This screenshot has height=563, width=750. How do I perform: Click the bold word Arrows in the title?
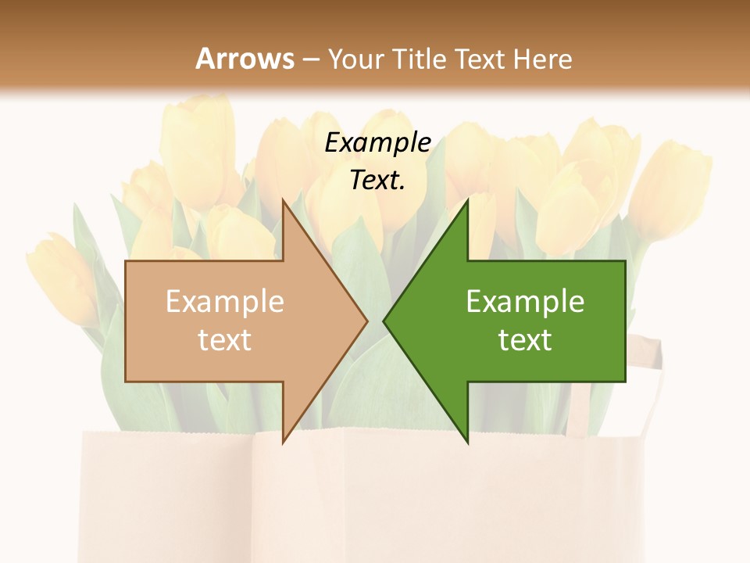(245, 59)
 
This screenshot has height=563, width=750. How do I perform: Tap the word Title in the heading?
(418, 59)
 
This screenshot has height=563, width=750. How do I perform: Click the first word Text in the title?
(478, 59)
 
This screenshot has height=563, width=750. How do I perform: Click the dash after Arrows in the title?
(310, 59)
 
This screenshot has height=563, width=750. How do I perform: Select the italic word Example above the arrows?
(378, 142)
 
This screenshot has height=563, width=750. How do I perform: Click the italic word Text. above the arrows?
(377, 181)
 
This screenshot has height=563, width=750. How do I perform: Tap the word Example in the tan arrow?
(225, 302)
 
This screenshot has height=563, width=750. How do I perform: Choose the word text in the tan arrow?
(225, 340)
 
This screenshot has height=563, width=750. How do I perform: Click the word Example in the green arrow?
(525, 302)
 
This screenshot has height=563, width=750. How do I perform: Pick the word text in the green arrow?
(525, 340)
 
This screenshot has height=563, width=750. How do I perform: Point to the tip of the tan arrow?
(366, 321)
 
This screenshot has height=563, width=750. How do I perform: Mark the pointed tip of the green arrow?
(385, 321)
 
